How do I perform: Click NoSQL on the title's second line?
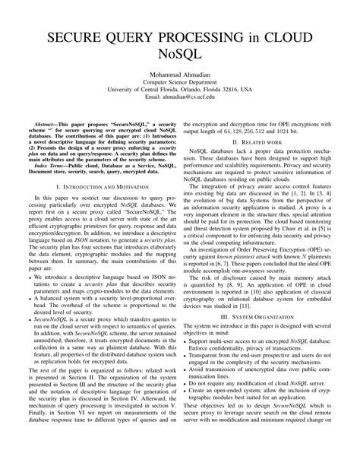pos(180,59)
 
